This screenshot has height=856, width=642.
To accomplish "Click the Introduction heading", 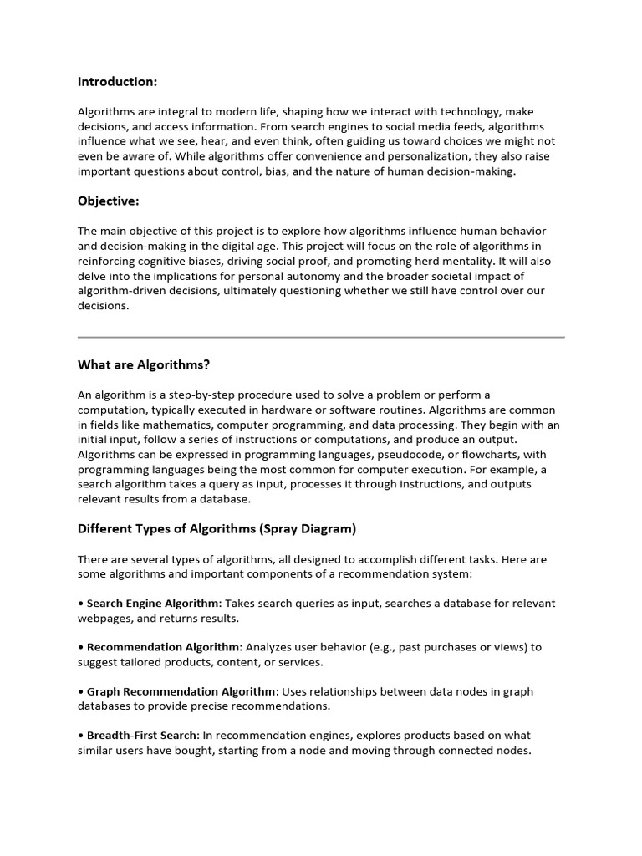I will [117, 82].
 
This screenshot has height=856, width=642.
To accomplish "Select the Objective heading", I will [108, 201].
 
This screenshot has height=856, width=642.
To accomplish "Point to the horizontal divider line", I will [321, 337].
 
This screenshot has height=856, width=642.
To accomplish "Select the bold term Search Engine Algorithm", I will [154, 603].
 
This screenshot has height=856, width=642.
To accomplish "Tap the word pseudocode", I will [381, 455].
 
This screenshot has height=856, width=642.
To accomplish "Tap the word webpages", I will [105, 618].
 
